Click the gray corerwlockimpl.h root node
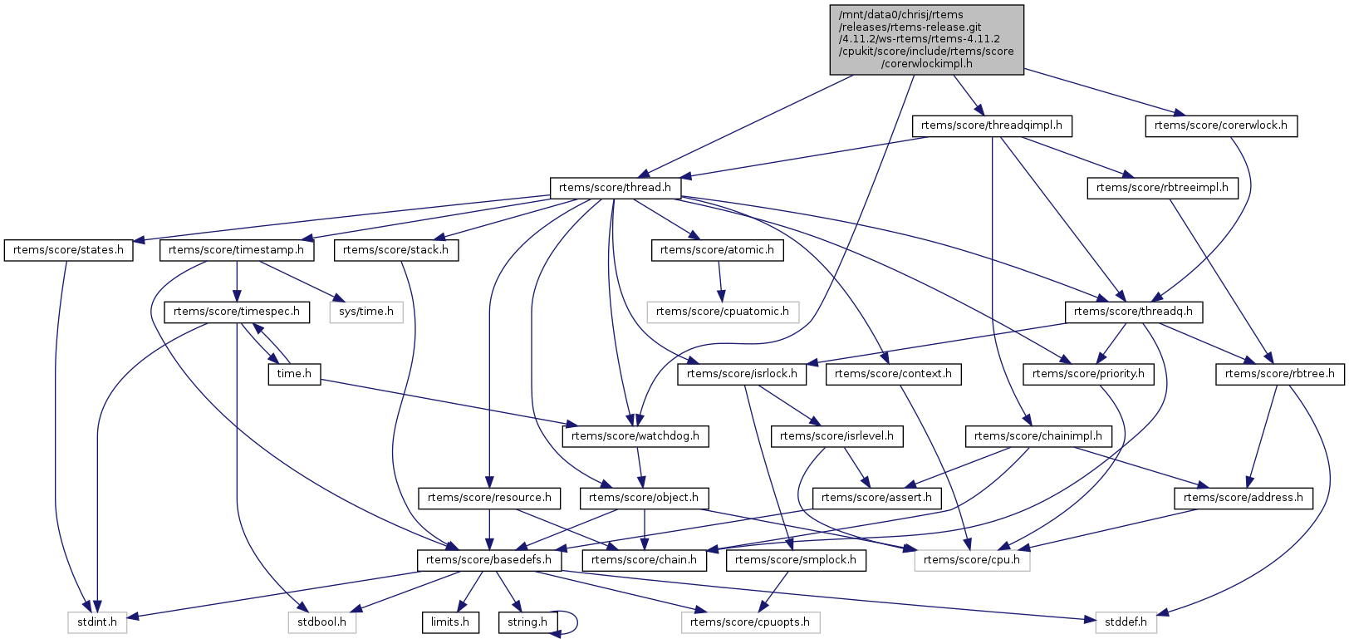coord(926,40)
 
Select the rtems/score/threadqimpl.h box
coord(992,125)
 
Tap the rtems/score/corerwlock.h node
coord(1221,125)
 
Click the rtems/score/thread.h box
coord(615,188)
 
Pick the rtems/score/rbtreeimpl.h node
coord(1162,188)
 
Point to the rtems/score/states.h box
coord(68,250)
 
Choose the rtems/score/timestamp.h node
coord(237,250)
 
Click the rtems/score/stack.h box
coord(395,250)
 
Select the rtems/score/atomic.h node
coord(717,250)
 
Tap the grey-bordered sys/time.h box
coord(366,312)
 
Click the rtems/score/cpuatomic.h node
coord(723,312)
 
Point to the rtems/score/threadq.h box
coord(1133,312)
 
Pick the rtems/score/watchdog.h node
coord(635,436)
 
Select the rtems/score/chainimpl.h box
coord(1038,436)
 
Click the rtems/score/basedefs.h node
coord(488,560)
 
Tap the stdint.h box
coord(97,622)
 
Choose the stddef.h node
coord(1126,622)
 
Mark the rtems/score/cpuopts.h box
coord(750,622)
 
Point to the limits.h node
coord(450,622)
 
